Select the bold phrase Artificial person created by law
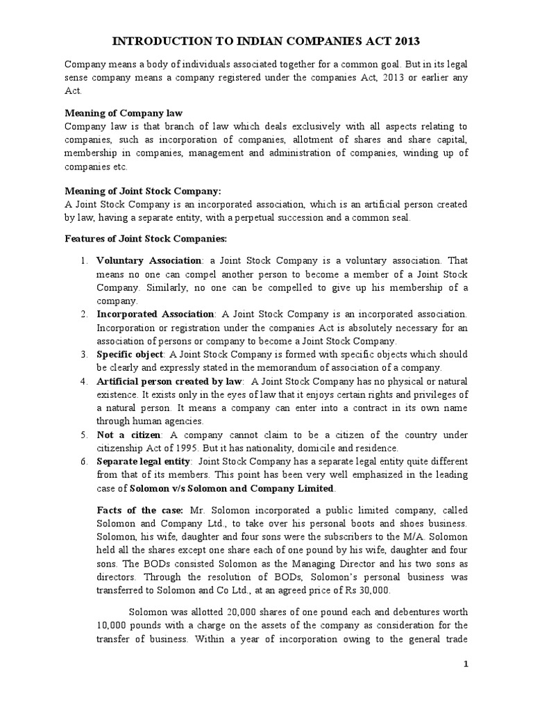(x=169, y=381)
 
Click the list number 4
(x=83, y=381)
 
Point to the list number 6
(x=83, y=462)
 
